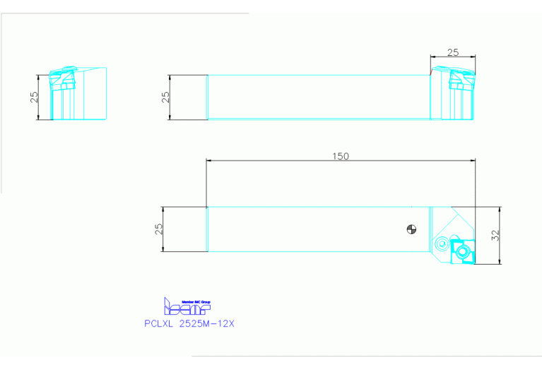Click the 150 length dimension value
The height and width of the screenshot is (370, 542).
coord(341,156)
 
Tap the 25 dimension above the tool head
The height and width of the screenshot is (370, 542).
coord(453,52)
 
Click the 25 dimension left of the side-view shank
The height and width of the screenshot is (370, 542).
coord(166,97)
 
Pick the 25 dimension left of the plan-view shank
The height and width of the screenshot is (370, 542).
coord(159,229)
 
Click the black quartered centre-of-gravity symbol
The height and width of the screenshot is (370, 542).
coord(411,229)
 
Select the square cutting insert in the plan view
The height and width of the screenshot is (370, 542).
coord(464,252)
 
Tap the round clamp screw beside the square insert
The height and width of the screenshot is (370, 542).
coord(442,244)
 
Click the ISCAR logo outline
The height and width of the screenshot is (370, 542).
coord(187,308)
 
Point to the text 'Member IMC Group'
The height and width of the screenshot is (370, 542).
coord(196,301)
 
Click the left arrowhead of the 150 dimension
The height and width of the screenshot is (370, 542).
coord(208,161)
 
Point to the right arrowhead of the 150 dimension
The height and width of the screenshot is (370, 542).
coord(473,161)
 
